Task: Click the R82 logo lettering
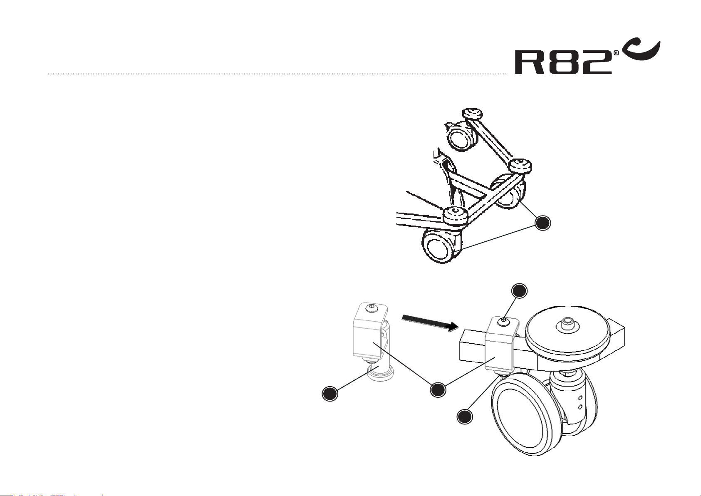[x=563, y=63]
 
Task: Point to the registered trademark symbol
[x=616, y=53]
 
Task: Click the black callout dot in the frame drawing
[x=542, y=223]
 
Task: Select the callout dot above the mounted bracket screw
[x=519, y=291]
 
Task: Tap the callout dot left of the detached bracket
[x=330, y=393]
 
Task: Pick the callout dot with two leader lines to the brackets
[x=438, y=389]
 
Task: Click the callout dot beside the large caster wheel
[x=465, y=417]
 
